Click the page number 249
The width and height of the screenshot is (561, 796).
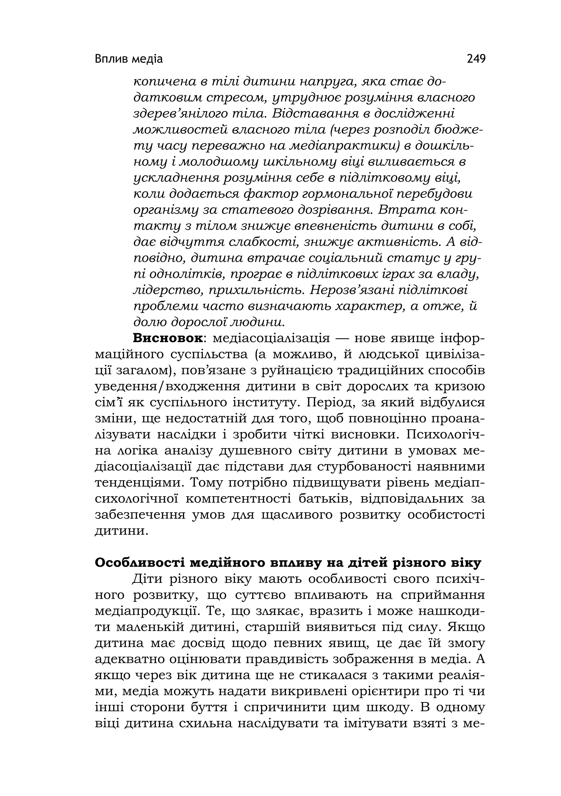(x=476, y=59)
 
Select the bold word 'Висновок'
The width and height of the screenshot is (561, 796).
(x=168, y=338)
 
